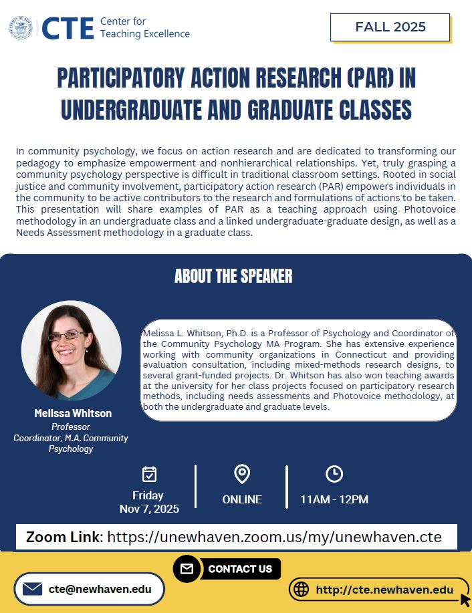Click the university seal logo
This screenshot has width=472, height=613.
pyautogui.click(x=20, y=27)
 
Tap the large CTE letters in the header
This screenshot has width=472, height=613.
pyautogui.click(x=68, y=28)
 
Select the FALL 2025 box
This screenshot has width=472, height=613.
pyautogui.click(x=390, y=27)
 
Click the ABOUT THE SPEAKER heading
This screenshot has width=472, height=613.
pyautogui.click(x=233, y=276)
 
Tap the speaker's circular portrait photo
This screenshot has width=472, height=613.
pyautogui.click(x=72, y=350)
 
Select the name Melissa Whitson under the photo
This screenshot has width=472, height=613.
pyautogui.click(x=73, y=414)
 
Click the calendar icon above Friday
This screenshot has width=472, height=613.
pyautogui.click(x=149, y=474)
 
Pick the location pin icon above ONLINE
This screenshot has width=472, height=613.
pyautogui.click(x=242, y=474)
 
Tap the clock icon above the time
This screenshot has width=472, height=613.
pyautogui.click(x=334, y=474)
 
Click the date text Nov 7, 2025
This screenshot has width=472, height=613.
pyautogui.click(x=149, y=509)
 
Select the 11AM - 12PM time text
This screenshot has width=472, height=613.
pyautogui.click(x=334, y=499)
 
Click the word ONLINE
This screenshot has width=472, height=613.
pyautogui.click(x=242, y=499)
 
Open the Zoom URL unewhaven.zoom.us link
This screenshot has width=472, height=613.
pyautogui.click(x=274, y=537)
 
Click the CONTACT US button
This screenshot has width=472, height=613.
pyautogui.click(x=240, y=569)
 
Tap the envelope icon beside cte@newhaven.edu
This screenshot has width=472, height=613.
pyautogui.click(x=33, y=589)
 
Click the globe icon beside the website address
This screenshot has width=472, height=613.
pyautogui.click(x=302, y=590)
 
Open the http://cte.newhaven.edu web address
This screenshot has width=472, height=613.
pyautogui.click(x=384, y=590)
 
